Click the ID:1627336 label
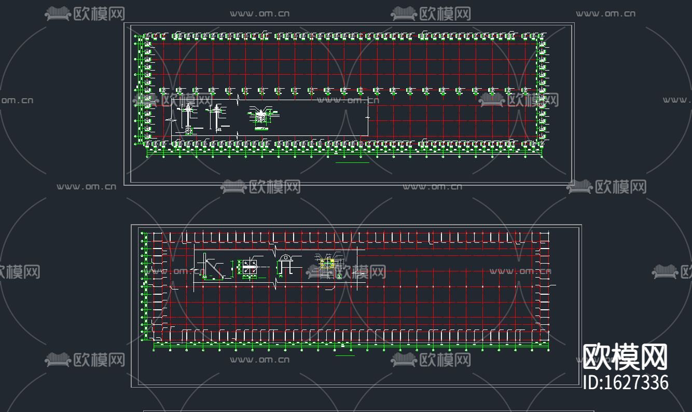pyautogui.click(x=626, y=382)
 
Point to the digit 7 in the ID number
pyautogui.click(x=632, y=383)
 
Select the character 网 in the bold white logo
pyautogui.click(x=654, y=357)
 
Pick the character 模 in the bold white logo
pyautogui.click(x=625, y=357)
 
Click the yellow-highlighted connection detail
pyautogui.click(x=326, y=264)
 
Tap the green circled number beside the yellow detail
pyautogui.click(x=339, y=276)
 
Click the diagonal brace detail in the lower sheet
pyautogui.click(x=213, y=266)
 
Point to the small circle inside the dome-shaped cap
pyautogui.click(x=285, y=258)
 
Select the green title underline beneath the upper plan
pyautogui.click(x=352, y=163)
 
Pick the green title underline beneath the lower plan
pyautogui.click(x=345, y=356)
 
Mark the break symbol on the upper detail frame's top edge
pyautogui.click(x=238, y=98)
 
